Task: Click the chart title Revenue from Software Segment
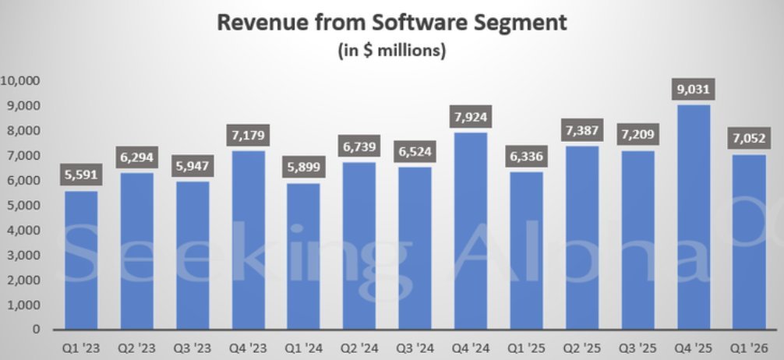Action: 392,22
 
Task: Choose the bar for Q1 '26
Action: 749,242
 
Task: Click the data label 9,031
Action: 694,88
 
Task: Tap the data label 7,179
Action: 248,134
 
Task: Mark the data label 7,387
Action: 582,129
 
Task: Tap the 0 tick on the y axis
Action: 36,330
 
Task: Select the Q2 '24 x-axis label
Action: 359,348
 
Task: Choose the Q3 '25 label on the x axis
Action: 637,348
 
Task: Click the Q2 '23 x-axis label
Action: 137,348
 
